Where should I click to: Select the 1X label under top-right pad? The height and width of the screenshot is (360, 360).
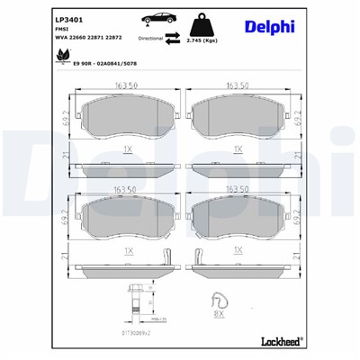(x=238, y=148)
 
